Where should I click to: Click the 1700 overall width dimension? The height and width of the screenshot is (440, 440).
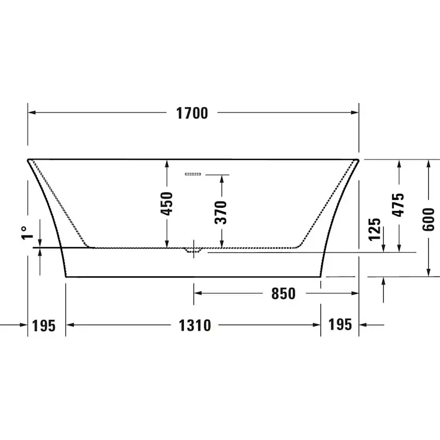click(x=192, y=113)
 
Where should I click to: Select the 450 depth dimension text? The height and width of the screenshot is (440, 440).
click(x=167, y=204)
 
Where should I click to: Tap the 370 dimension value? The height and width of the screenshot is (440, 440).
click(x=222, y=211)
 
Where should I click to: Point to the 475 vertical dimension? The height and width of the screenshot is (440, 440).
click(x=399, y=204)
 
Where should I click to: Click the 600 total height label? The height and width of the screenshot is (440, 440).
click(x=429, y=219)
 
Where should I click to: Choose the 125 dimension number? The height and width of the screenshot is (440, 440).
click(x=375, y=229)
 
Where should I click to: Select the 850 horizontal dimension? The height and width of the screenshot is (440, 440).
click(x=283, y=293)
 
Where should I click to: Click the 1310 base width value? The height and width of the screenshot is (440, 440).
click(x=193, y=325)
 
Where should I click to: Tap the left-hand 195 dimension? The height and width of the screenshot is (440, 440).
click(x=44, y=325)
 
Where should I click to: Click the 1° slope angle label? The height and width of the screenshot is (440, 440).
click(x=24, y=232)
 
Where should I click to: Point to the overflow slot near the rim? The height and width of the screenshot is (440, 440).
click(x=193, y=174)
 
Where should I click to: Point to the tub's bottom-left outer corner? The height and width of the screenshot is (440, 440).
click(x=66, y=276)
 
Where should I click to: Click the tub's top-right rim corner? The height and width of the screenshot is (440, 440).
click(x=359, y=159)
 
